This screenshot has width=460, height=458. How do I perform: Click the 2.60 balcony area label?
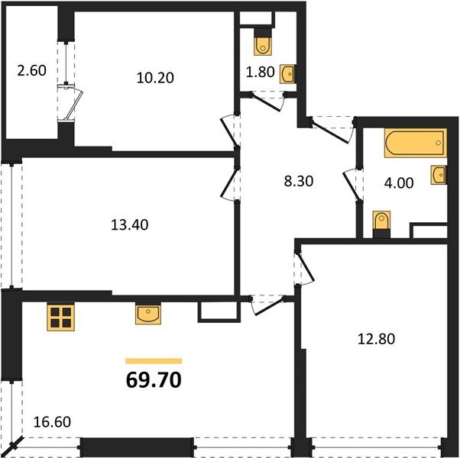point(32,72)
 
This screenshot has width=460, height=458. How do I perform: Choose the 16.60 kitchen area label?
point(53,419)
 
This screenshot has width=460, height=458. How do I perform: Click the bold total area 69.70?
point(153,379)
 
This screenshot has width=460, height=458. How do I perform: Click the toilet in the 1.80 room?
point(264,45)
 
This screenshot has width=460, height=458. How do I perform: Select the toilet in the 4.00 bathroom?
point(381,223)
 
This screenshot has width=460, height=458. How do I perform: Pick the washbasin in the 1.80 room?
point(288,74)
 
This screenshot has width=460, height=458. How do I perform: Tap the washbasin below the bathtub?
point(439,176)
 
